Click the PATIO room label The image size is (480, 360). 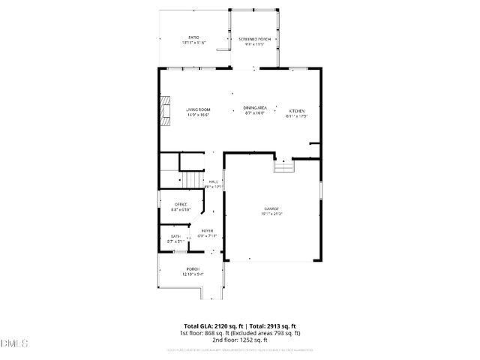pyautogui.click(x=193, y=37)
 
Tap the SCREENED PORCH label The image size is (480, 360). pyautogui.click(x=254, y=38)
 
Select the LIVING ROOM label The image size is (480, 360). pyautogui.click(x=198, y=110)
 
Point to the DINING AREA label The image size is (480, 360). pyautogui.click(x=255, y=108)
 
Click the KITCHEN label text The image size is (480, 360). pyautogui.click(x=298, y=111)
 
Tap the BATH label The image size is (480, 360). pyautogui.click(x=175, y=236)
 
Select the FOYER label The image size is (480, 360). pyautogui.click(x=206, y=231)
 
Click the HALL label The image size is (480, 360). pyautogui.click(x=214, y=181)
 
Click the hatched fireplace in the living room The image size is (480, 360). pyautogui.click(x=166, y=111)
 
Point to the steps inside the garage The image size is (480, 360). pyautogui.click(x=284, y=167)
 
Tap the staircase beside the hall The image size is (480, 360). pyautogui.click(x=193, y=180)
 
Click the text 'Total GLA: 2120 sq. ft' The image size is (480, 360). pyautogui.click(x=208, y=326)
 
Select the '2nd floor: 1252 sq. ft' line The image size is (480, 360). pyautogui.click(x=239, y=340)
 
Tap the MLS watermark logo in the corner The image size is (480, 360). pyautogui.click(x=14, y=343)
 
